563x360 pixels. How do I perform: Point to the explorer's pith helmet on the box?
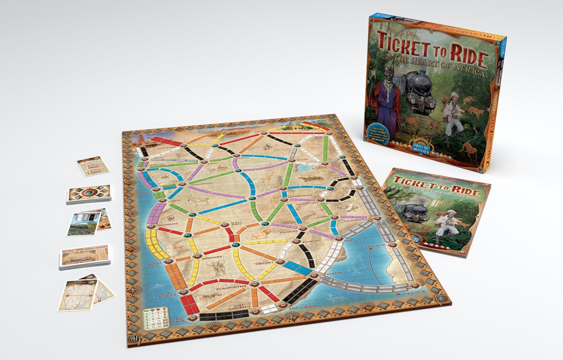[x=453, y=97]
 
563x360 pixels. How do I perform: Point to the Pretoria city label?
[x=263, y=263]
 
